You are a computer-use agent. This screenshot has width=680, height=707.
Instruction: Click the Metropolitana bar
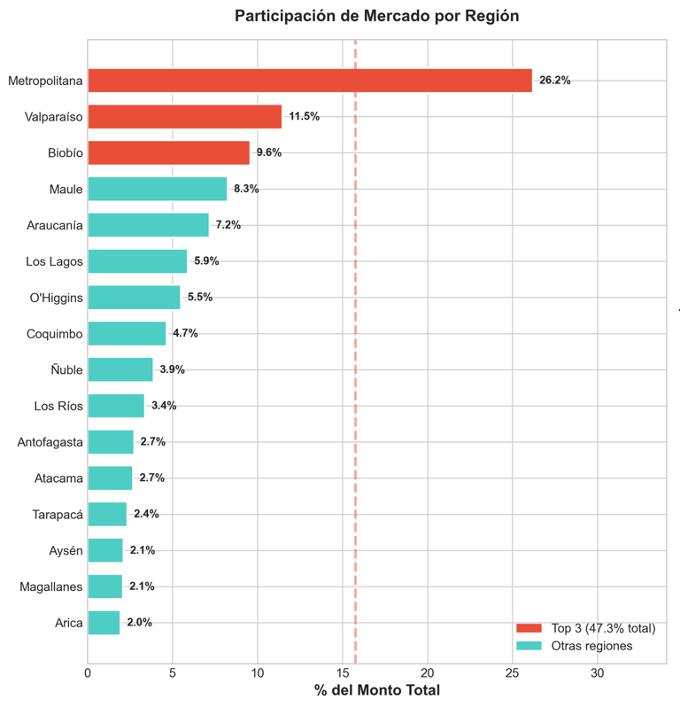310,81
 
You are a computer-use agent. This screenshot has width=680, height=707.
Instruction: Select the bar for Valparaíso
184,117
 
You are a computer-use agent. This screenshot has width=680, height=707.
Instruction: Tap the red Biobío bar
168,152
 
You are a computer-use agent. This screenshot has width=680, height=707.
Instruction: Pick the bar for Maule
157,189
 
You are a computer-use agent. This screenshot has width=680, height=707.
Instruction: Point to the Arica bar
104,623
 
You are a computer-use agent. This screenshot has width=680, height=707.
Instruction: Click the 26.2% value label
555,81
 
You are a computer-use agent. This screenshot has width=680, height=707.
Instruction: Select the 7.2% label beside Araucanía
228,225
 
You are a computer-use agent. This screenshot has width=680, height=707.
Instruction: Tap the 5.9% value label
206,261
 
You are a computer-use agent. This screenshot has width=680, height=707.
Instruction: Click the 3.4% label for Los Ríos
164,406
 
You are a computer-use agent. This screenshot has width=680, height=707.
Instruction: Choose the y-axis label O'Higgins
57,298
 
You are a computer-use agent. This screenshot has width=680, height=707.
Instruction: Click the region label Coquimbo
55,334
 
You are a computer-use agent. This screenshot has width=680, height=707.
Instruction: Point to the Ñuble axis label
66,370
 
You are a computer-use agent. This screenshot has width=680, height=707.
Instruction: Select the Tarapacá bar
107,514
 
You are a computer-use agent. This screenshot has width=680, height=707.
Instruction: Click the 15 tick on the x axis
343,673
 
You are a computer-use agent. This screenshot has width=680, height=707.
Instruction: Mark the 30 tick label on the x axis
598,673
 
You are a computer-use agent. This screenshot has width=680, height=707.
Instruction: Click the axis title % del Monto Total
376,690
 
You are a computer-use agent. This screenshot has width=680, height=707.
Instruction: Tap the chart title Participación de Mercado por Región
376,16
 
